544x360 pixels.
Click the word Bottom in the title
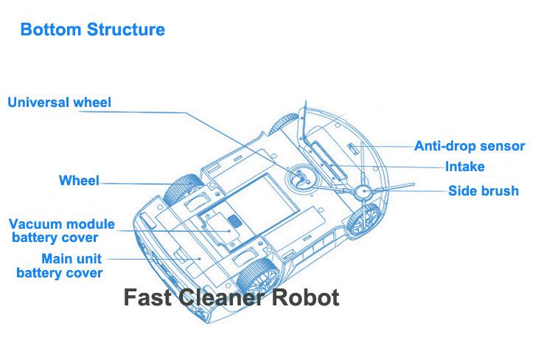(51, 30)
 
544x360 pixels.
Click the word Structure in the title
(126, 30)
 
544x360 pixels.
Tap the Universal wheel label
(59, 103)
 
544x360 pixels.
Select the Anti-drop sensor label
(469, 146)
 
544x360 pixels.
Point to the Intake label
(464, 167)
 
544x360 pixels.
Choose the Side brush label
(484, 191)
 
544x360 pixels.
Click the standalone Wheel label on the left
(79, 181)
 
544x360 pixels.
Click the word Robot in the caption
(306, 298)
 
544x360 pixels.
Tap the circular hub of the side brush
(364, 192)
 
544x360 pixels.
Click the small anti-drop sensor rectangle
(352, 148)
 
